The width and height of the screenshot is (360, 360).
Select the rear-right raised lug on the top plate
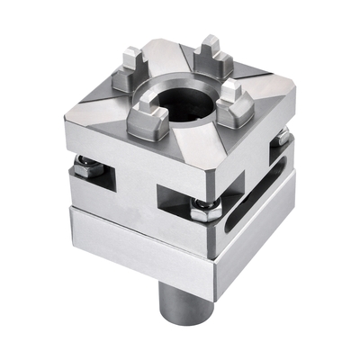pos(213,54)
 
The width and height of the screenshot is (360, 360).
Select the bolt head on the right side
pos(282,136)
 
